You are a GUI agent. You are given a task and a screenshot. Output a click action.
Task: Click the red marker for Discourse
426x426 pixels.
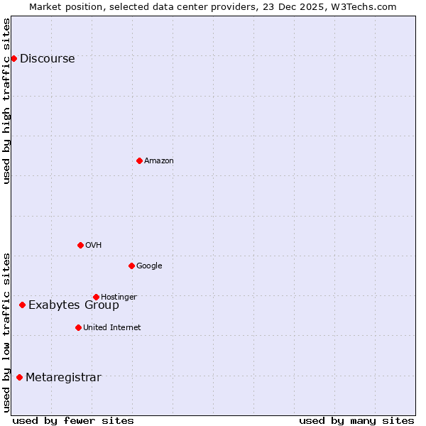pos(13,58)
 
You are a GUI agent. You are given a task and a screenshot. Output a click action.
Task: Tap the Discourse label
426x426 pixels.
pos(47,59)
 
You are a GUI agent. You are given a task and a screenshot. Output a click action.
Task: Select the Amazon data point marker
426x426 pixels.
pos(139,160)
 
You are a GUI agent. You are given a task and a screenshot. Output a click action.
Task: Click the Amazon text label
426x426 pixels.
pos(159,161)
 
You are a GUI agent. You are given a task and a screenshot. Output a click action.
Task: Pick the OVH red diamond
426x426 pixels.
pos(80,245)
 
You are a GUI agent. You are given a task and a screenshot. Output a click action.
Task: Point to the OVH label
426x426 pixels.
pos(93,246)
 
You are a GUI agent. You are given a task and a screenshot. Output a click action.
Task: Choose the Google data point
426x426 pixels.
pos(131,266)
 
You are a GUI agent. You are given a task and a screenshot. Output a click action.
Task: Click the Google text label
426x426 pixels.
pos(149,266)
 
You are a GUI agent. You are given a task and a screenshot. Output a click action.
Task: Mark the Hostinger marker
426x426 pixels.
pos(96,297)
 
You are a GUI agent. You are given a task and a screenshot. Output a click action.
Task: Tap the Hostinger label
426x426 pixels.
pos(119,297)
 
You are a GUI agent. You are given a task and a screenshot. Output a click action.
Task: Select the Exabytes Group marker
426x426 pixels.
pos(22,305)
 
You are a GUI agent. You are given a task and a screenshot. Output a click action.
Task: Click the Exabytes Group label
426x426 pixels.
pos(74,305)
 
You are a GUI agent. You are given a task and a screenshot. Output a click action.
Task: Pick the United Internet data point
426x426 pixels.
pos(78,327)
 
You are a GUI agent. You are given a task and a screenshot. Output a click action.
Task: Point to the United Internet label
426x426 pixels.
pos(111,328)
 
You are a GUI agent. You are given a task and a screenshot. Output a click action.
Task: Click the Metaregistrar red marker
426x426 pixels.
pos(19,377)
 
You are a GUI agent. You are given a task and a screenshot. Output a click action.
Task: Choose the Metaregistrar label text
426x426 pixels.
pos(63,378)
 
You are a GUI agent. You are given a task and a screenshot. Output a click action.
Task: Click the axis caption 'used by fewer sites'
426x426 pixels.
pos(73,420)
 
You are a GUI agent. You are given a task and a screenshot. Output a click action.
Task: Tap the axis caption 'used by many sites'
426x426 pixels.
pos(356,420)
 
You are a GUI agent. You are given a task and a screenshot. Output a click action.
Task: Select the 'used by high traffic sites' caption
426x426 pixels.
pos(7,101)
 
